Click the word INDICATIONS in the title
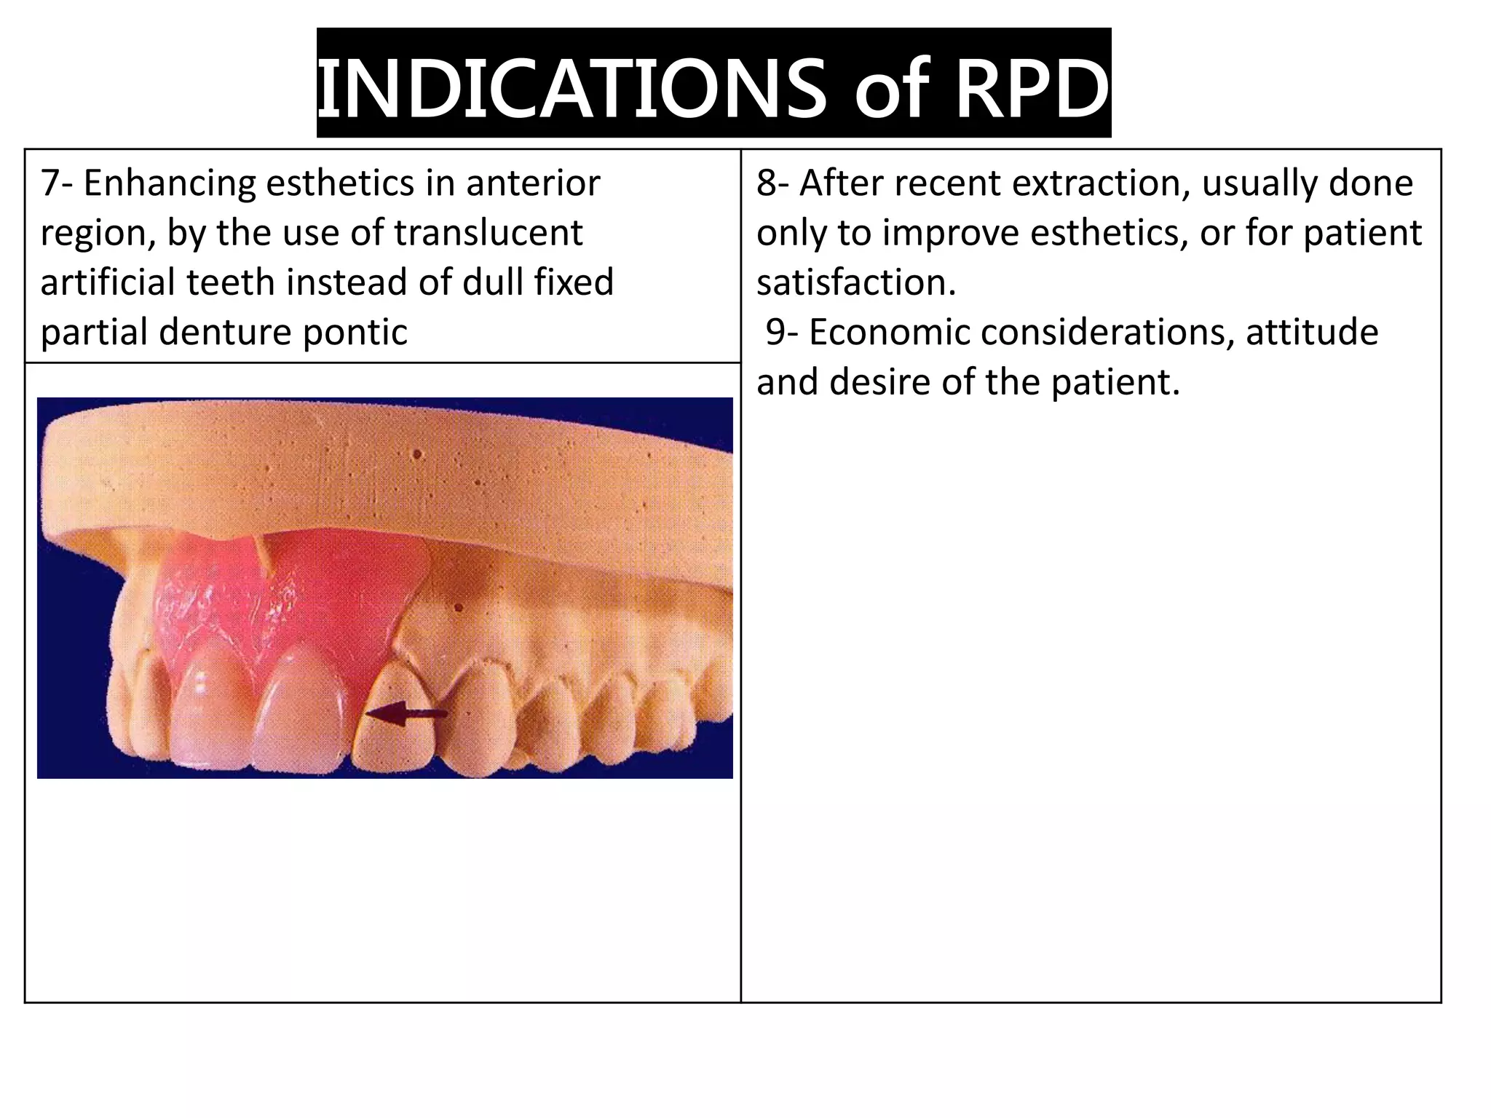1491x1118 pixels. (x=572, y=88)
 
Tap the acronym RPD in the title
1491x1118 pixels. (x=1032, y=88)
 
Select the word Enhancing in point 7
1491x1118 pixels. (x=169, y=183)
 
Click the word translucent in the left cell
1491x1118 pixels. (x=489, y=233)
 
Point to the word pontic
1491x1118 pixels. (x=355, y=332)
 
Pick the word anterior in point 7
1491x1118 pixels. (x=533, y=183)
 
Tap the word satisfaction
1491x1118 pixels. (x=856, y=282)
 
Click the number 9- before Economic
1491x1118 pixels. (x=782, y=332)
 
